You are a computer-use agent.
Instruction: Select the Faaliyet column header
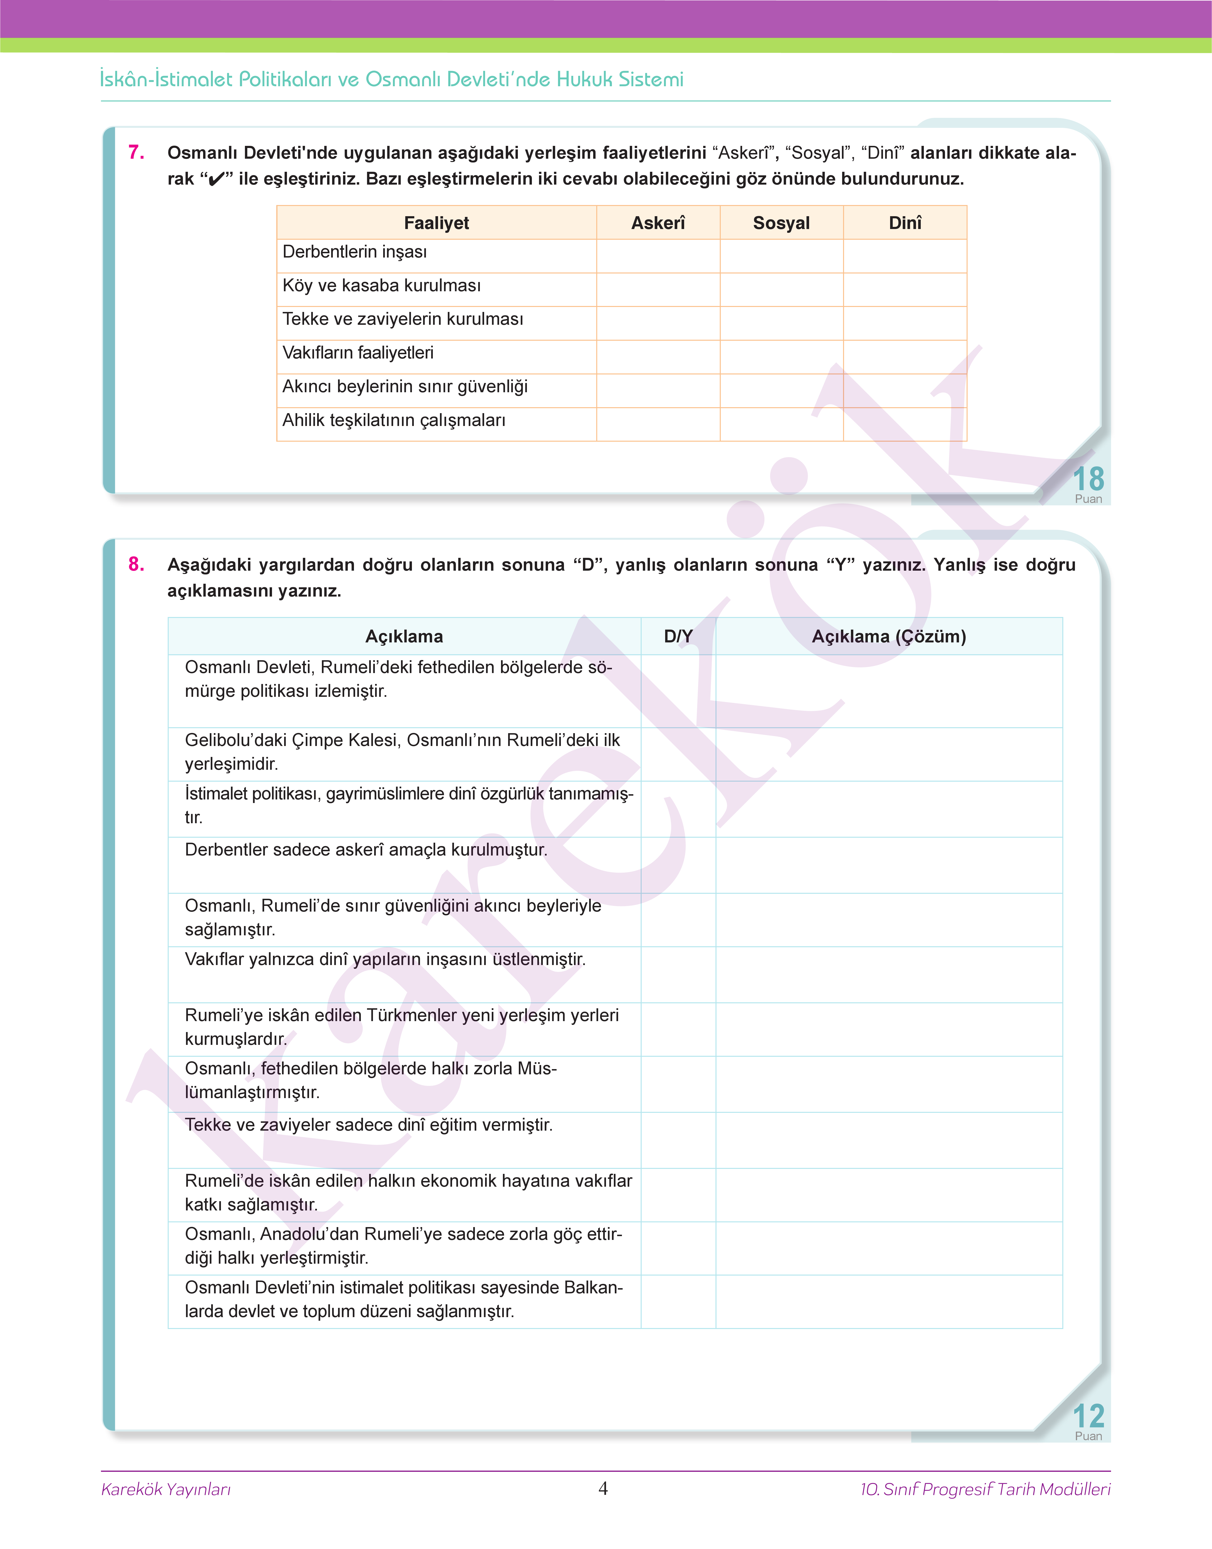[x=436, y=223]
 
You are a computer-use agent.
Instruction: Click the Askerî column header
[x=658, y=223]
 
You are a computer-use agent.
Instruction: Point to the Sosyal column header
[x=781, y=223]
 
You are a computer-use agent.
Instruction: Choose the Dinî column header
[x=905, y=223]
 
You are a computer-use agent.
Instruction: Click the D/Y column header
[x=678, y=636]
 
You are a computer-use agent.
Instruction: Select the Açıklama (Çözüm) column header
[x=888, y=636]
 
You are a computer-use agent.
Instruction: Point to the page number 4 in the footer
[x=603, y=1488]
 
